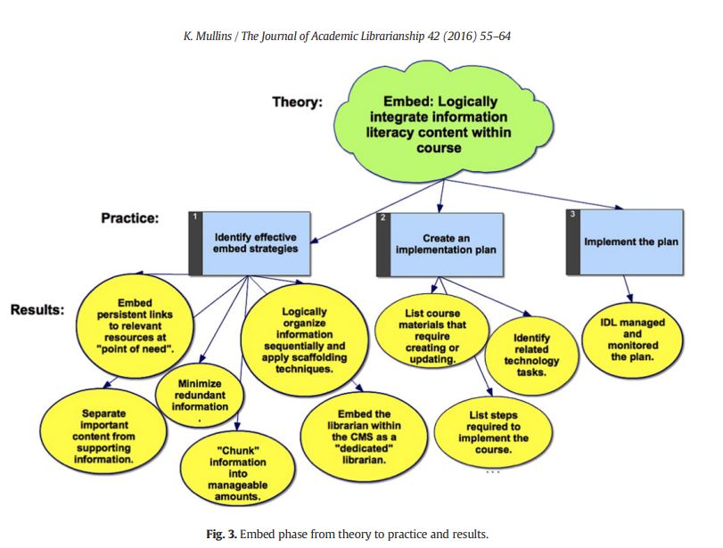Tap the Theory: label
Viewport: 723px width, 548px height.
coord(297,102)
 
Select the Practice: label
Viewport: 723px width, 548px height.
coord(129,217)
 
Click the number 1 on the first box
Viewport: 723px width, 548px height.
coord(194,217)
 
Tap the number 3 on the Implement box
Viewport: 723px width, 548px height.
coord(573,215)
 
